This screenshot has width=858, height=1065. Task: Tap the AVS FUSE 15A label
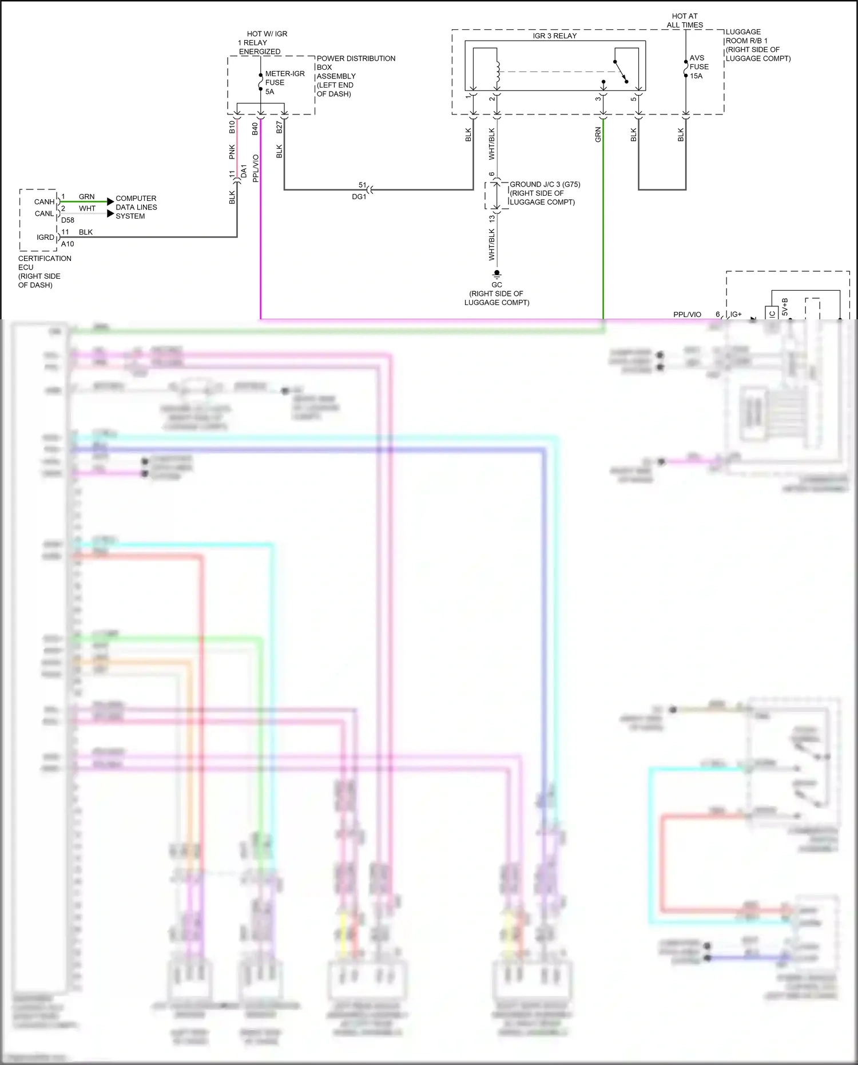pos(699,67)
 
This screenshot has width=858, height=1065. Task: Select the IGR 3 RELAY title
pos(554,35)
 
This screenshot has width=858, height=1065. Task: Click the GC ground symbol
pos(496,274)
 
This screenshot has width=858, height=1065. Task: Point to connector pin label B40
pos(255,129)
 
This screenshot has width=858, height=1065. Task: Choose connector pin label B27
pos(279,127)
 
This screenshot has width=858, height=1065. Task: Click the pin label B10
pos(232,127)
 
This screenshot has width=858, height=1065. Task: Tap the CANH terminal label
pos(44,201)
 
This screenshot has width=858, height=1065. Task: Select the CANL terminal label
pos(44,213)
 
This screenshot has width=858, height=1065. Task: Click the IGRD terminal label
pos(45,237)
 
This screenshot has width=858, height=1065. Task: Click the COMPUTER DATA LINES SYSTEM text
pos(136,207)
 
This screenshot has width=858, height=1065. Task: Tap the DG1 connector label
pos(359,197)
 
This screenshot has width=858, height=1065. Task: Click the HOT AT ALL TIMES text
pos(685,21)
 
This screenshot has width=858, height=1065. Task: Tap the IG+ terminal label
pos(736,314)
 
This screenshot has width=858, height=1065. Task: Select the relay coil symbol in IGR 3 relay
pos(497,72)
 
